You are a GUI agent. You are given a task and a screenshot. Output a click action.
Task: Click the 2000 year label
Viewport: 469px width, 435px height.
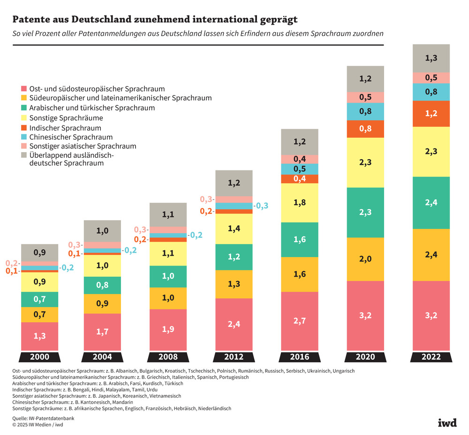coord(39,357)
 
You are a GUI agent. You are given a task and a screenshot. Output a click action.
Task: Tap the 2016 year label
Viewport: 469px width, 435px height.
coord(300,357)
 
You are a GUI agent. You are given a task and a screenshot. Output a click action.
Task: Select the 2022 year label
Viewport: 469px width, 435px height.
coord(431,357)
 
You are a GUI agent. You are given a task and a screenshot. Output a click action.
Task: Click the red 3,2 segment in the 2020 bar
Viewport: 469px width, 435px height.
coord(365,315)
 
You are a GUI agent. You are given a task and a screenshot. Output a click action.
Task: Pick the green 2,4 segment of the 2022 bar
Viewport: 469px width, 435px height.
coord(431,203)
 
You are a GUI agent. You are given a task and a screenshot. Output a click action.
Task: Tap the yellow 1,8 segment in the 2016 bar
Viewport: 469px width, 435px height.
coord(300,202)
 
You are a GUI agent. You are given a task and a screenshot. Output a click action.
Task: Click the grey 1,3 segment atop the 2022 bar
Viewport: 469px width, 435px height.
coord(431,59)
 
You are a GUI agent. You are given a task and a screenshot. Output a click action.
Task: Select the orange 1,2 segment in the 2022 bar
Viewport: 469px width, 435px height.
coord(431,114)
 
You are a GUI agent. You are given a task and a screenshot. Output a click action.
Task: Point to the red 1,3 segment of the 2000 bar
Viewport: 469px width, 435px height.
coord(39,336)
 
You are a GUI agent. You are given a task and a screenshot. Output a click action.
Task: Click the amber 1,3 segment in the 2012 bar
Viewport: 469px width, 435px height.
coord(234,284)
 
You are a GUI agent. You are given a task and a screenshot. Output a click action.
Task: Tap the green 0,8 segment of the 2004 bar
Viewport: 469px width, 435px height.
coord(103,285)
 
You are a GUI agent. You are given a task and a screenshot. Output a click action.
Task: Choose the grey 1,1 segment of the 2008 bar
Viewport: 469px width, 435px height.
coord(168,214)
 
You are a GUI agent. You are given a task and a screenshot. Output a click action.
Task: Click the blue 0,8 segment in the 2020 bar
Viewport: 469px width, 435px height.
coord(365,111)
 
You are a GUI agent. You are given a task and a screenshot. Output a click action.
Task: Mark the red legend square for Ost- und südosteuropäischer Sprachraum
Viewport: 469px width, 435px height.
coord(24,88)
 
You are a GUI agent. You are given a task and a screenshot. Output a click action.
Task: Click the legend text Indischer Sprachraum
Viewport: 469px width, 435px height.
coord(65,128)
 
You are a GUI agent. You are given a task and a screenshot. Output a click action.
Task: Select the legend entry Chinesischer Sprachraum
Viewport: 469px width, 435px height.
coord(71,137)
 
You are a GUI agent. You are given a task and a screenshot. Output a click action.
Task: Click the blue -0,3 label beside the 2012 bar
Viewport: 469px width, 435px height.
coord(262,206)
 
